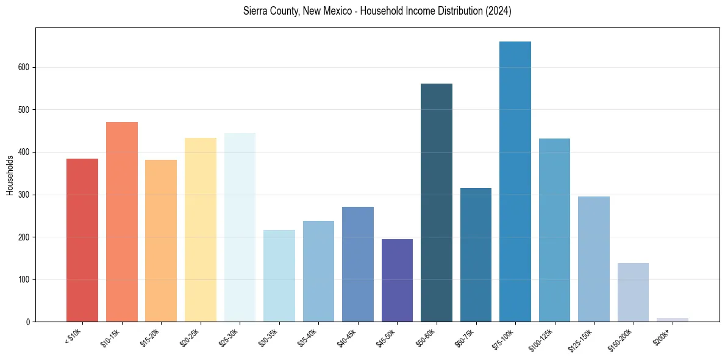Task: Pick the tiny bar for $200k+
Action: tap(673, 320)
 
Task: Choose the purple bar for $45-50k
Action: tap(397, 281)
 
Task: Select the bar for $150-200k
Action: tap(633, 292)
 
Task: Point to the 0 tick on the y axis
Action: tap(29, 322)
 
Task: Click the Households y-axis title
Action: tap(10, 175)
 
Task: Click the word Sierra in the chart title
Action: tap(254, 12)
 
